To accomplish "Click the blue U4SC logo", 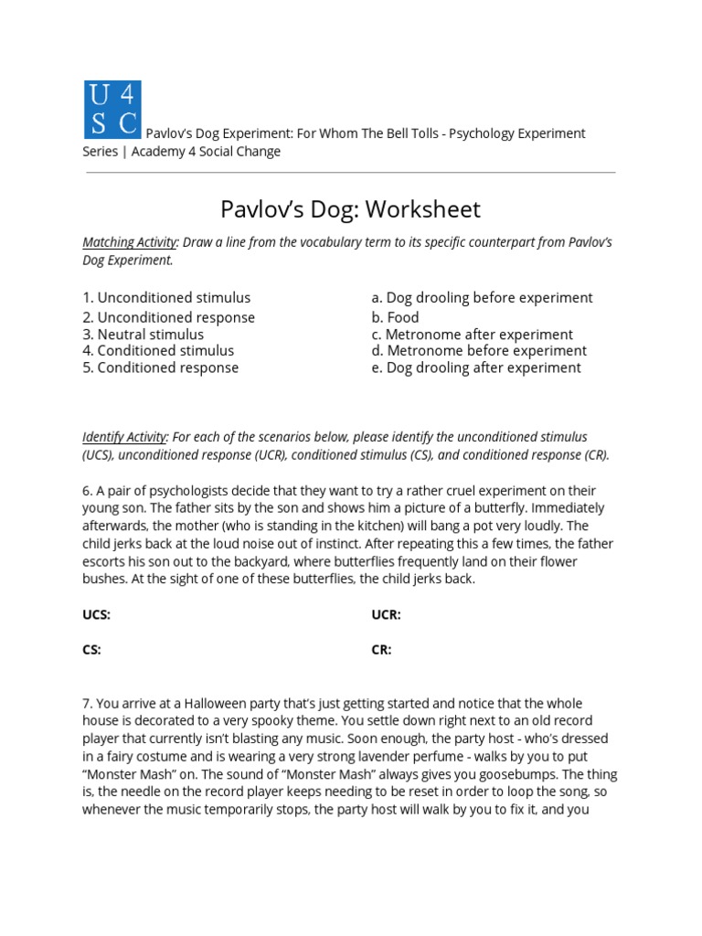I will (x=112, y=110).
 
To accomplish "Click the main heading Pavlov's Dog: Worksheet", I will (x=350, y=209).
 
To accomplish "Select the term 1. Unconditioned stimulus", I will (x=166, y=298).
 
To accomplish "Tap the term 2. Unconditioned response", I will (x=169, y=317).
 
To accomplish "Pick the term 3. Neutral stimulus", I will (x=144, y=335).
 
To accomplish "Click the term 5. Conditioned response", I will (x=161, y=368).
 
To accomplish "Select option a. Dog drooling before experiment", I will (x=482, y=298).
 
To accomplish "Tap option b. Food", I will (x=395, y=317).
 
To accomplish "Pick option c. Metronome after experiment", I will (x=472, y=335).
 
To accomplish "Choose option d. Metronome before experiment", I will (x=479, y=351).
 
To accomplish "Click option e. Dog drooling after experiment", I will (x=475, y=368).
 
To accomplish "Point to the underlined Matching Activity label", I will (x=129, y=242).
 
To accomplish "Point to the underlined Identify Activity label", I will (x=125, y=437).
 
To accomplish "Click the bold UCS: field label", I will (x=96, y=615).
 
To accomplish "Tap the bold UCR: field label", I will (x=386, y=615).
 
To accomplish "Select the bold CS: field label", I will (x=91, y=650).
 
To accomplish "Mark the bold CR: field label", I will (x=381, y=650).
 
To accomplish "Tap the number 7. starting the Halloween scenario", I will (x=88, y=704).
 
